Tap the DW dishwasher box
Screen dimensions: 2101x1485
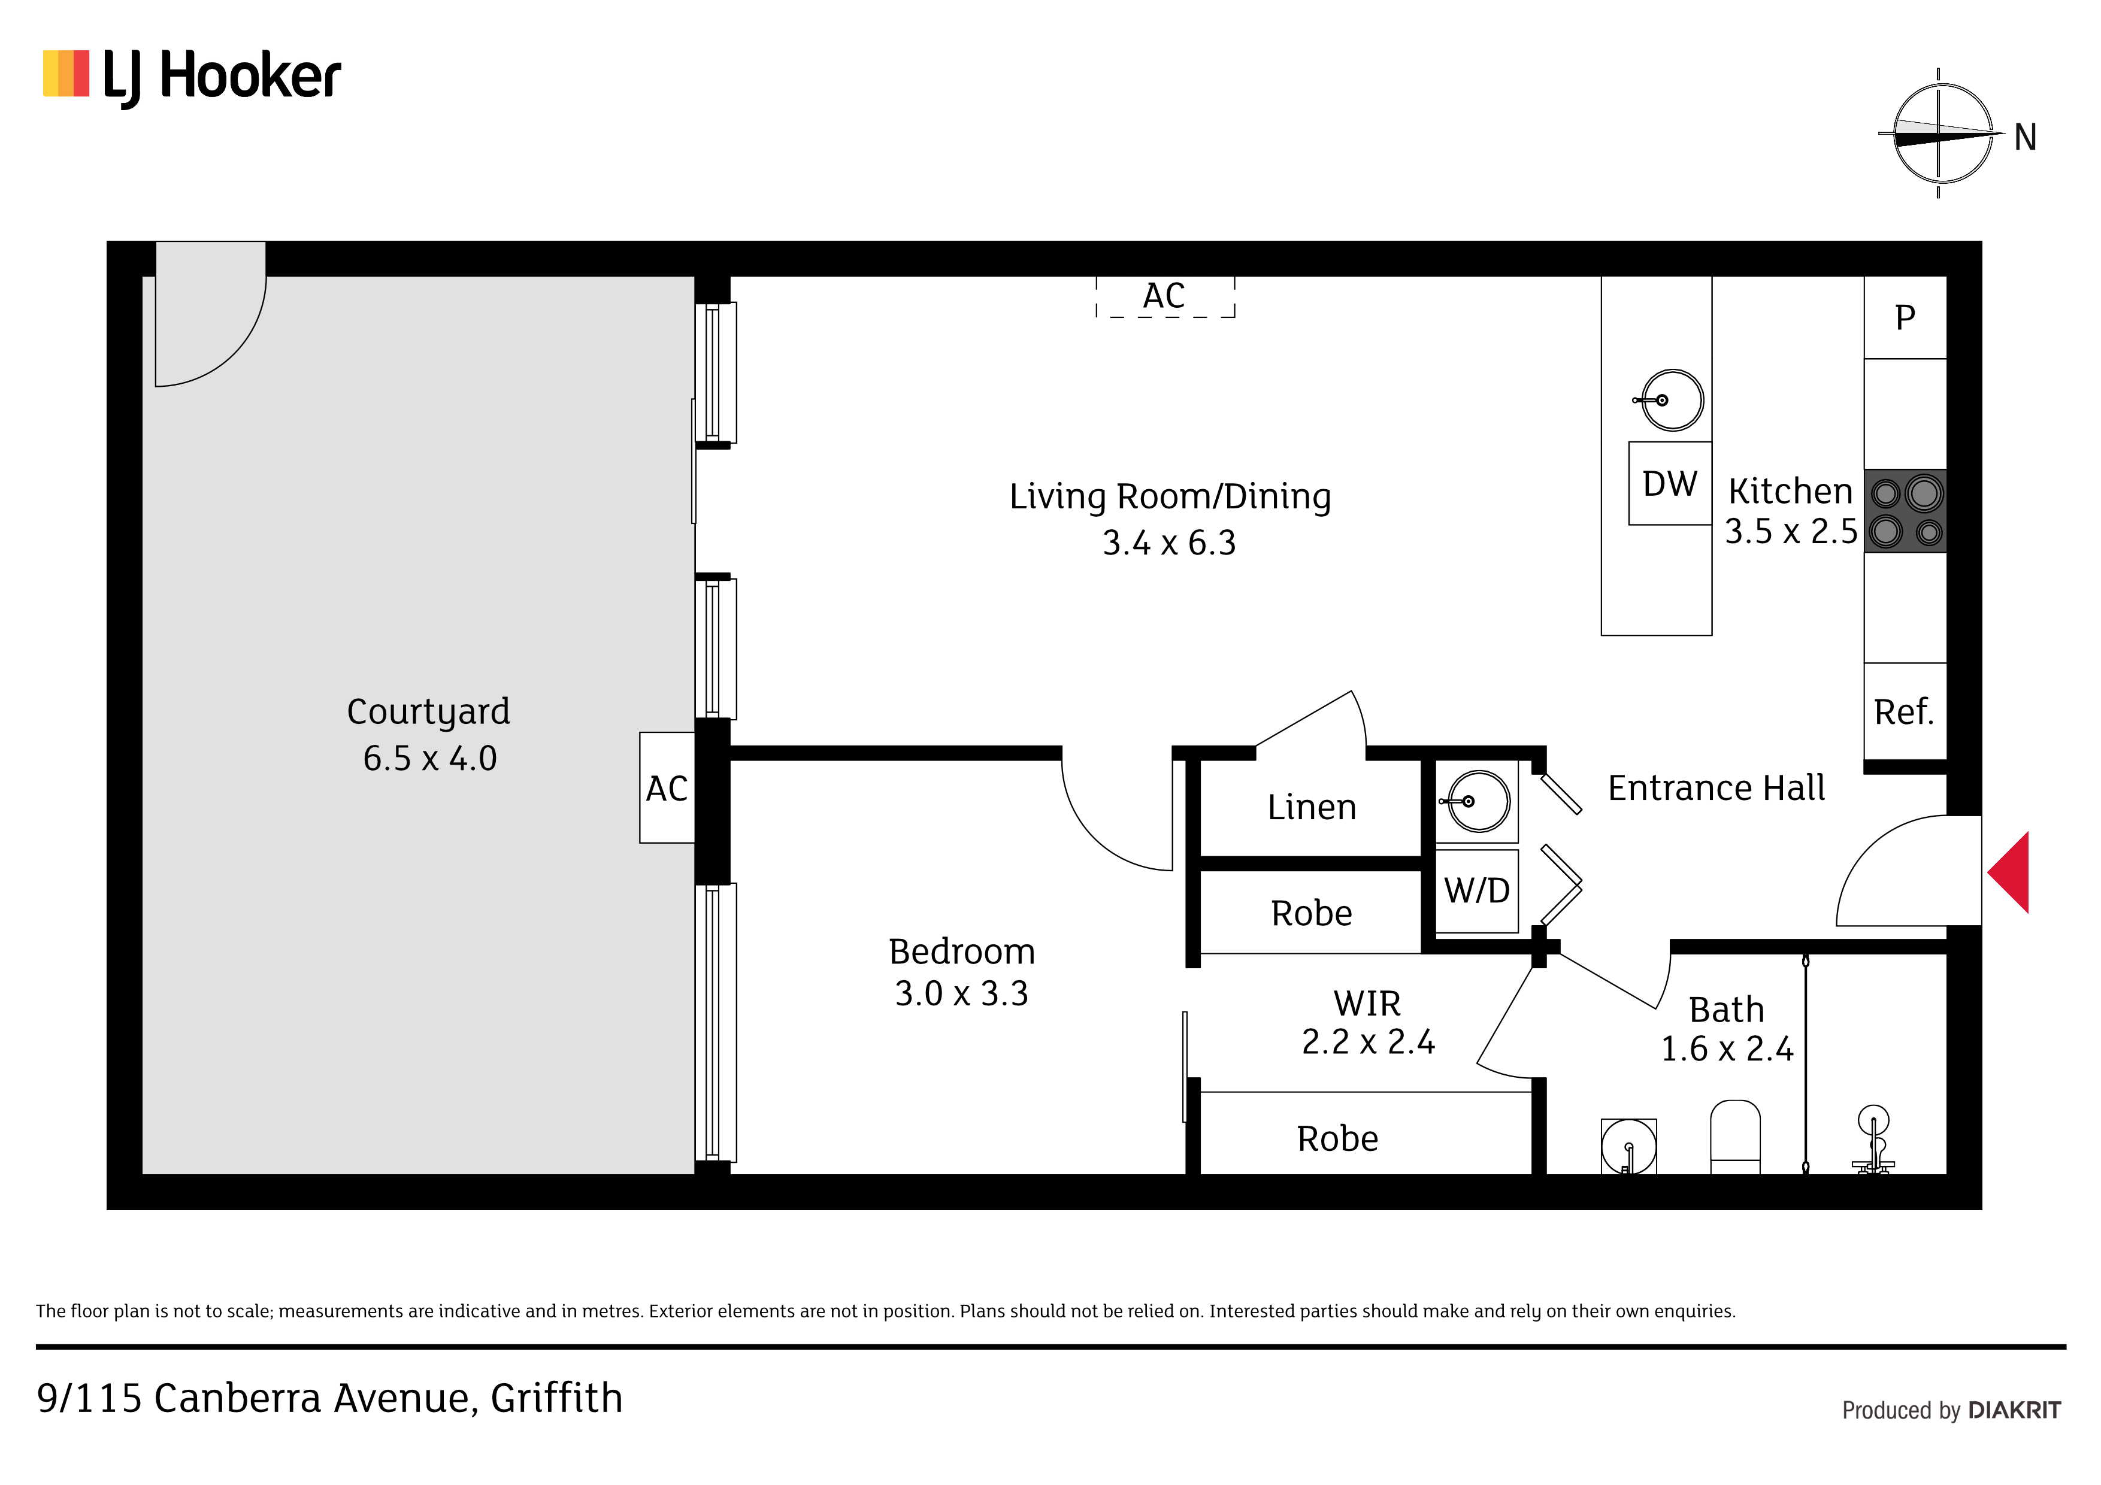[1669, 483]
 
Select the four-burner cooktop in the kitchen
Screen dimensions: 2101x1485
[1905, 511]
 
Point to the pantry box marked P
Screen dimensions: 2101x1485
[1905, 317]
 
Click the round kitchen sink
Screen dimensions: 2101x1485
[1671, 400]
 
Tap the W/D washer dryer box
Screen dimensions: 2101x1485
[1477, 891]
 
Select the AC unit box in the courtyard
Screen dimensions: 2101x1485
[667, 788]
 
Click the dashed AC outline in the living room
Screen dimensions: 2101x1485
[1165, 296]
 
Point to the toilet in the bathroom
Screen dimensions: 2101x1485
[1735, 1137]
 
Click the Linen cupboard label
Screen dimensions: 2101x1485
[1311, 807]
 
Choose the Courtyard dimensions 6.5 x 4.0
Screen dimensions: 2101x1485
[429, 759]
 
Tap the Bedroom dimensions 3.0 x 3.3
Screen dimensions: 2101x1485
[962, 993]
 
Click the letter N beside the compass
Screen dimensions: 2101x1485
[2025, 137]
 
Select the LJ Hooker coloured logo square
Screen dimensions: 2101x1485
[66, 73]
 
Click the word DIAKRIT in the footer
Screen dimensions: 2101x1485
[2014, 1410]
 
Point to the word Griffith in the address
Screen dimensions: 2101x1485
[556, 1398]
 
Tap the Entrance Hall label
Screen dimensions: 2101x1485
[1716, 788]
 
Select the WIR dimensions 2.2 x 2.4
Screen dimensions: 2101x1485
[1368, 1041]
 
